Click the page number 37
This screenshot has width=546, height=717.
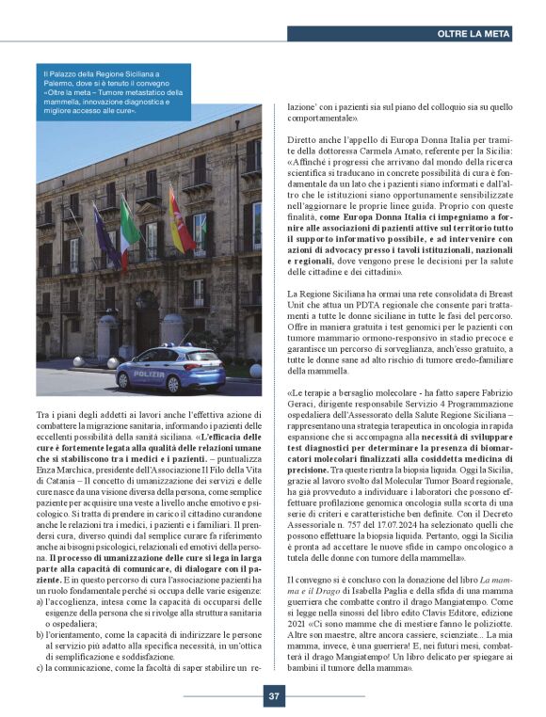273,696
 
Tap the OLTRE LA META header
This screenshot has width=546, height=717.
474,33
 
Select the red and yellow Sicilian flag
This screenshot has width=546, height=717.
179,220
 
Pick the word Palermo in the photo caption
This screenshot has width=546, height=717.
61,82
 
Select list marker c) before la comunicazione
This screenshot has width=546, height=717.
41,667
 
